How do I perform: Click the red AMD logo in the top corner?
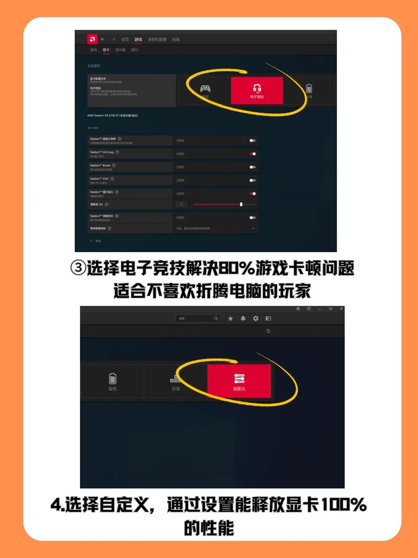click(92, 39)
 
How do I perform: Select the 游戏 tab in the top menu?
click(138, 40)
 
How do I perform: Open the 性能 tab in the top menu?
click(176, 40)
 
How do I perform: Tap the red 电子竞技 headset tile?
click(257, 90)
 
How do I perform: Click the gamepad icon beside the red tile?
click(205, 88)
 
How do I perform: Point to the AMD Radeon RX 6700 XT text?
click(112, 115)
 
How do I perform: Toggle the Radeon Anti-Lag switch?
click(252, 154)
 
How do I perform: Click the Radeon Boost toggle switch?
click(252, 167)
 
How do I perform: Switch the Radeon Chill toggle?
click(252, 180)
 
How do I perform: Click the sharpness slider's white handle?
click(241, 204)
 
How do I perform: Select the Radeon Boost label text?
click(100, 165)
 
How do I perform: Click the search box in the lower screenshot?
click(198, 318)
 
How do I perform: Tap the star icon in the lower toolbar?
click(230, 318)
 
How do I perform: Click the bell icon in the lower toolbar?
click(243, 318)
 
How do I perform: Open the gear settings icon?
click(256, 318)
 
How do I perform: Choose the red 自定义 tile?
click(239, 381)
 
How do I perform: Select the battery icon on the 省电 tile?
click(112, 378)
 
